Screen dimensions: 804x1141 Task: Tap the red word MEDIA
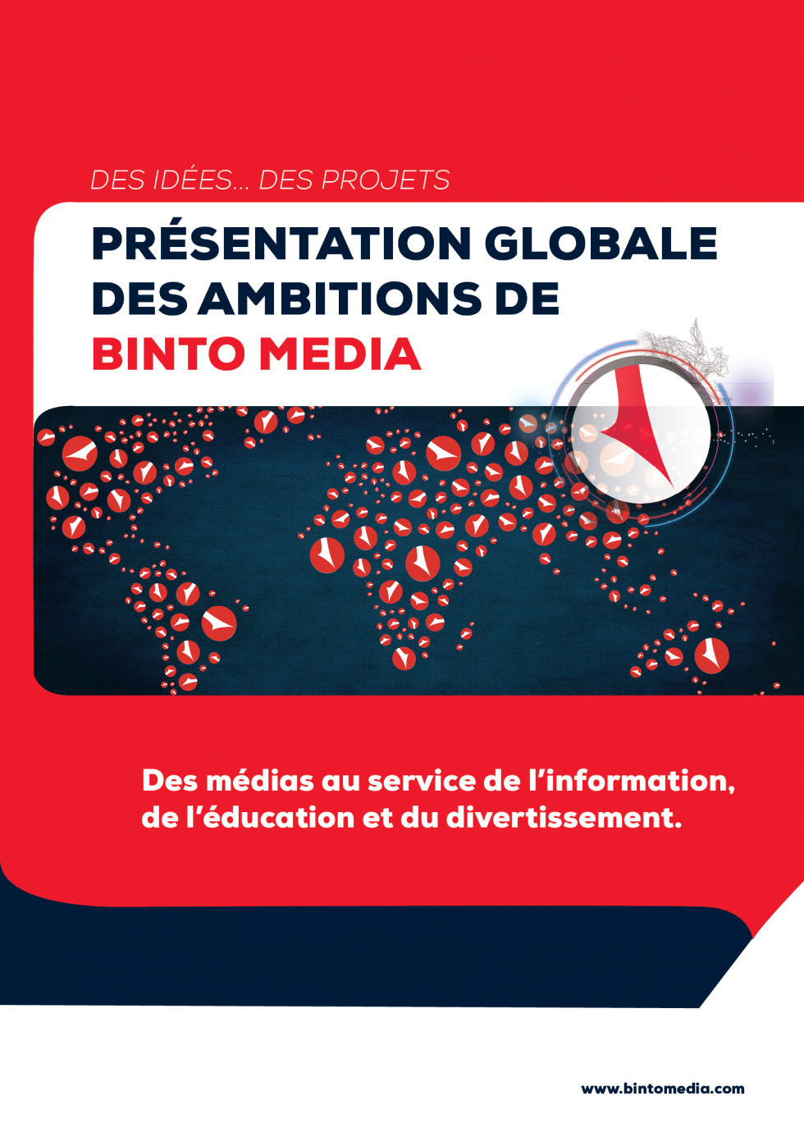pyautogui.click(x=340, y=353)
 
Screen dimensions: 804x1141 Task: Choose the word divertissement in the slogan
pyautogui.click(x=564, y=818)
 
